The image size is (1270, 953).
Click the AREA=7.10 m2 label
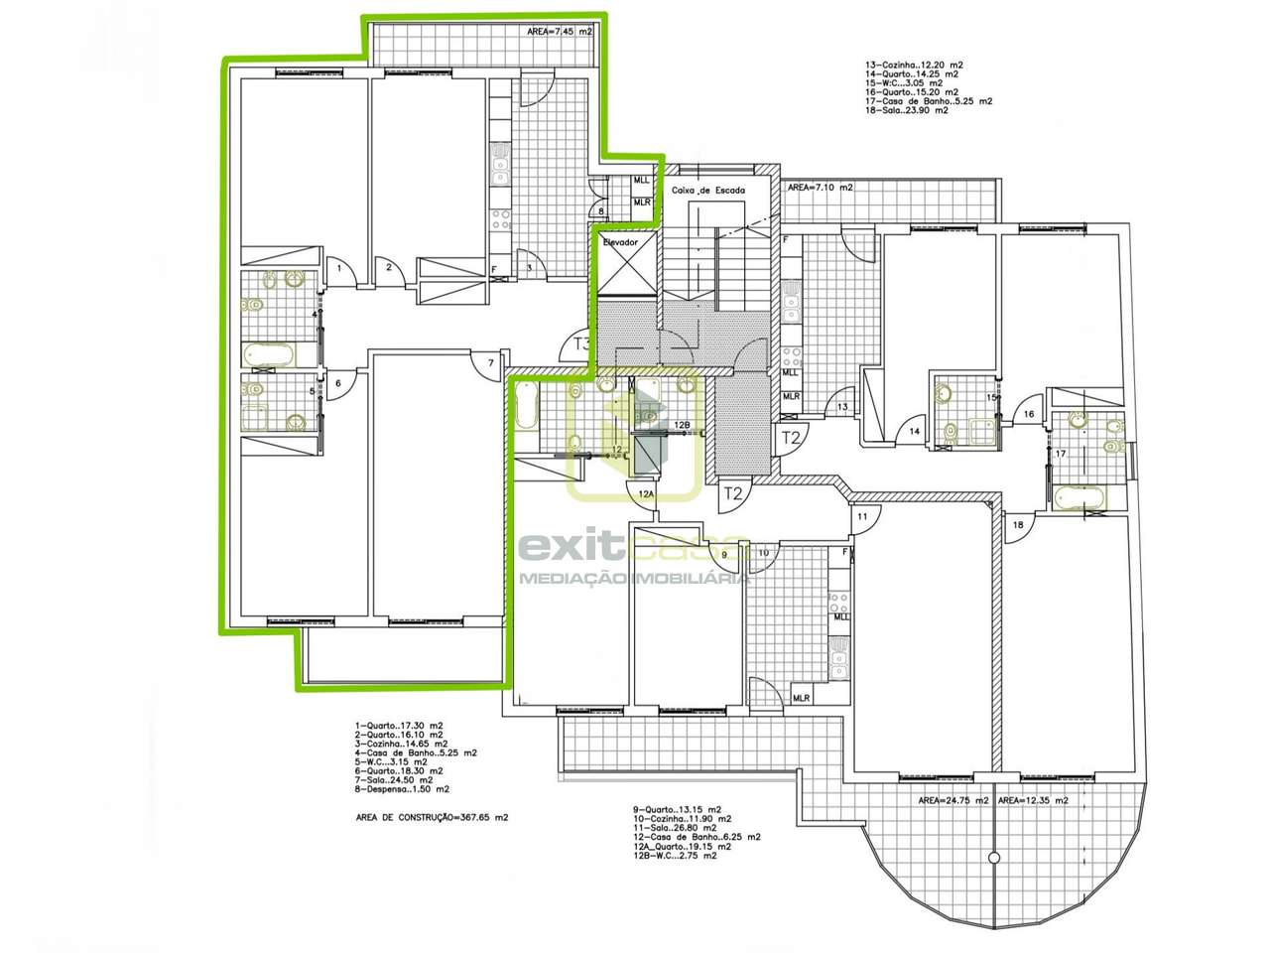819,187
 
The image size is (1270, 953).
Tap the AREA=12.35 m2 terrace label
1033,800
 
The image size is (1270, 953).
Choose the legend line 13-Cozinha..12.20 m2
914,65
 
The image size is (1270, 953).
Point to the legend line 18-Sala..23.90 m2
906,110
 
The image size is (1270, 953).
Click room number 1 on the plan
338,268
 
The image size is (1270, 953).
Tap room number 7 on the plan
489,362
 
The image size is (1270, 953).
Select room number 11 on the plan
862,517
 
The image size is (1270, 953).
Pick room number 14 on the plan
914,432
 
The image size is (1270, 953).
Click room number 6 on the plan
337,383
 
